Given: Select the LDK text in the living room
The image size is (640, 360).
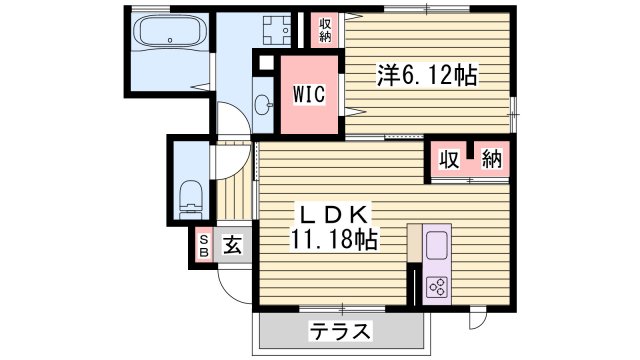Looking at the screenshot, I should pos(333,214).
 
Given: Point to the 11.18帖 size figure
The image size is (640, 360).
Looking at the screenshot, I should pos(335,240).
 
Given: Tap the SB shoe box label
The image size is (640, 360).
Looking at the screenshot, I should pos(202,245).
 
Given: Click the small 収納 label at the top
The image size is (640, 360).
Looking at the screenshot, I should pos(326,30).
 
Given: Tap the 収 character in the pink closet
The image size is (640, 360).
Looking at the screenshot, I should pos(451,161).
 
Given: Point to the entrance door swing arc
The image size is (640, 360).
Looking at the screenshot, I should pos(232,285).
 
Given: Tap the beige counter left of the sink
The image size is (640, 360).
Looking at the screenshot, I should pos(414,245).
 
